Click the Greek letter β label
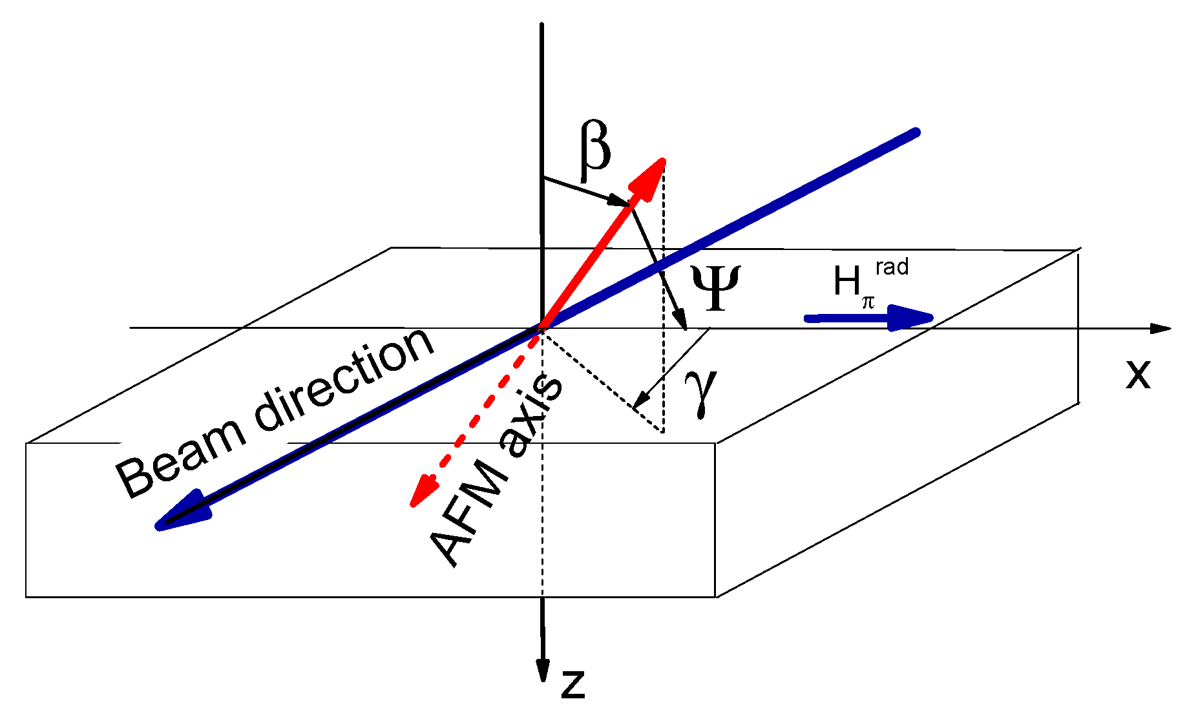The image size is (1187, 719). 594,149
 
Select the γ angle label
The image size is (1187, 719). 702,392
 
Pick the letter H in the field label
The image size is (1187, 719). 846,282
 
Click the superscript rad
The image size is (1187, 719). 892,266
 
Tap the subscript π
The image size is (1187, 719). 868,302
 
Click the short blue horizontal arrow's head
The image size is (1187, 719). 911,317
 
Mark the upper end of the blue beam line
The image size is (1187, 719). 914,133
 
